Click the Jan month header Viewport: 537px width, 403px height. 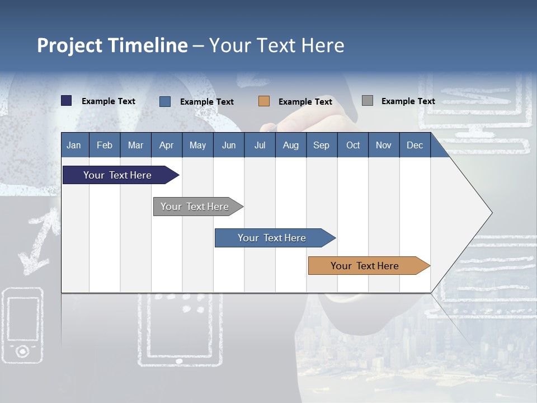[x=74, y=145]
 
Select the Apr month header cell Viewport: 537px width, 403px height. [x=167, y=145]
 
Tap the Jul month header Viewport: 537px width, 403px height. [x=260, y=145]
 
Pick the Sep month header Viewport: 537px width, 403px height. [x=322, y=145]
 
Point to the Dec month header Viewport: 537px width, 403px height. [x=414, y=145]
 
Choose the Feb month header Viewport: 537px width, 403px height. [x=105, y=145]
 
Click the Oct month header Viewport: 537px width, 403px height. [x=353, y=145]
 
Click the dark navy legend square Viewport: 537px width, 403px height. [x=67, y=101]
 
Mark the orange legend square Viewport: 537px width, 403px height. [x=264, y=101]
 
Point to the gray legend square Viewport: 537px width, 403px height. [x=368, y=101]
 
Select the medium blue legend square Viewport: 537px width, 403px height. [x=165, y=101]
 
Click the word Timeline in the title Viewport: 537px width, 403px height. [x=148, y=45]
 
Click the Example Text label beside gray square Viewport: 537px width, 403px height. [x=408, y=101]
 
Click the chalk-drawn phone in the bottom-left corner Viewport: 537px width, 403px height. [x=22, y=325]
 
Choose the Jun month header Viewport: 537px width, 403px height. [x=229, y=145]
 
